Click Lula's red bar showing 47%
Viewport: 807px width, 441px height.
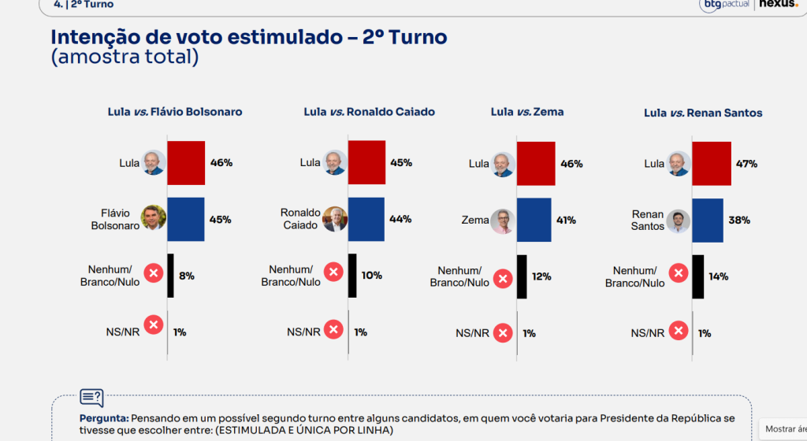[712, 164]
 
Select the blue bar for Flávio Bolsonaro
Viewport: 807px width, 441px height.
[186, 219]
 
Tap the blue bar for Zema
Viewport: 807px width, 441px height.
[534, 220]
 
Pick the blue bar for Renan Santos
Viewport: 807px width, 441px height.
[708, 220]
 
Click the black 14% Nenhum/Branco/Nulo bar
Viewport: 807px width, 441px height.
[698, 276]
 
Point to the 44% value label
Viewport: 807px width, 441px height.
[400, 219]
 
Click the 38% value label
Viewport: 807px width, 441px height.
[739, 220]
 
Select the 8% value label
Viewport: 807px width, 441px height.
[186, 276]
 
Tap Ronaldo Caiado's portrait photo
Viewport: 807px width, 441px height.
[334, 220]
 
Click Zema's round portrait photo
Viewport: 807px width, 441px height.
[503, 221]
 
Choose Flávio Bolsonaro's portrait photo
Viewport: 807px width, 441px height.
[154, 217]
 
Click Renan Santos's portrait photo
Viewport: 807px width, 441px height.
[679, 221]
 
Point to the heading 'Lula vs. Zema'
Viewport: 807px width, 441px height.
[527, 112]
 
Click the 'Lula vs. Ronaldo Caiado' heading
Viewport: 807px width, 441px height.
[369, 112]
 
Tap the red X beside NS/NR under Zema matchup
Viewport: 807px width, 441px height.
[503, 333]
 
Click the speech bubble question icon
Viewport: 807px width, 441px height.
[91, 398]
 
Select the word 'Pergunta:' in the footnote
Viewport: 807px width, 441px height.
[104, 418]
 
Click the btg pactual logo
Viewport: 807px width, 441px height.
[724, 5]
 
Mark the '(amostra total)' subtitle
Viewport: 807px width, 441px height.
[125, 57]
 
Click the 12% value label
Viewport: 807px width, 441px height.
[541, 276]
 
